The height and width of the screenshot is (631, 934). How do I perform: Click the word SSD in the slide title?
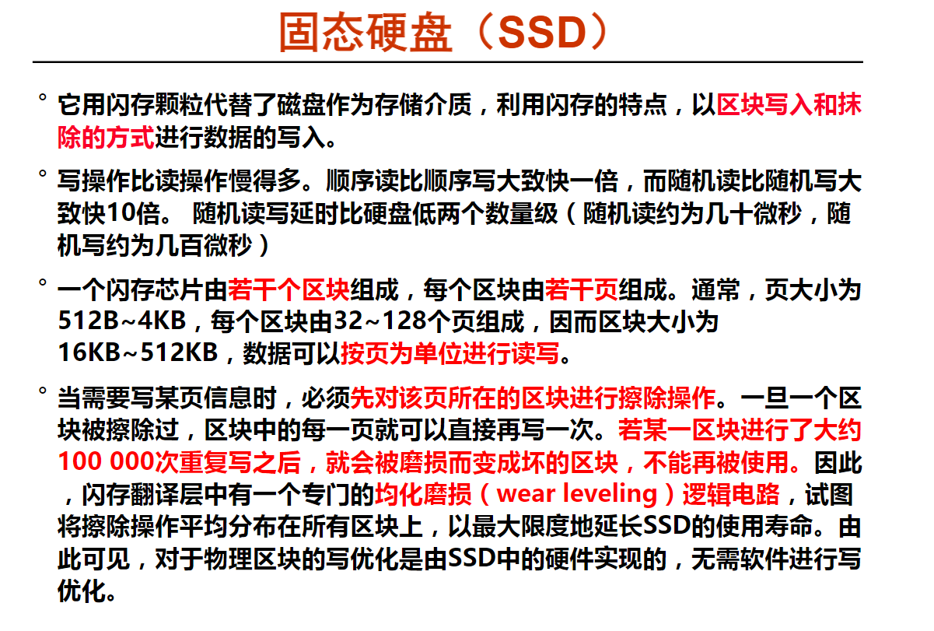click(542, 33)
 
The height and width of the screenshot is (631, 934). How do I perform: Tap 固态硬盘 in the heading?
click(366, 33)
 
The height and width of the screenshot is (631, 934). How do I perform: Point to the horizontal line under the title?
click(447, 62)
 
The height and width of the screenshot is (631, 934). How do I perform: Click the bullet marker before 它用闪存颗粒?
click(42, 98)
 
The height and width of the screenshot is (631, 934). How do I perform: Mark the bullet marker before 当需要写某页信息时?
click(42, 391)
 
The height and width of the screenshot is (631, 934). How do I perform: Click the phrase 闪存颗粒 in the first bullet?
click(154, 104)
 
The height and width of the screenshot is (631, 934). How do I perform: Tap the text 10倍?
click(134, 213)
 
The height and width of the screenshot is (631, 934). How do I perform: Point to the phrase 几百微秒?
click(204, 245)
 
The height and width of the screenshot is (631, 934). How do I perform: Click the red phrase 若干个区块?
click(289, 289)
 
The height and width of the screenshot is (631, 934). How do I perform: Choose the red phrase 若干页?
click(581, 289)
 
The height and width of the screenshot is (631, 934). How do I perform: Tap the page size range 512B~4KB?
click(122, 321)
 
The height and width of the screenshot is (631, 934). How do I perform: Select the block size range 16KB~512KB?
click(138, 352)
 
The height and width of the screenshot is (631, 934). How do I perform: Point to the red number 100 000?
click(106, 461)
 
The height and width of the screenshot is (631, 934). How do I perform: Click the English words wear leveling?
click(577, 494)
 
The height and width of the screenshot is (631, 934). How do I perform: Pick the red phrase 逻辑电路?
click(731, 494)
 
